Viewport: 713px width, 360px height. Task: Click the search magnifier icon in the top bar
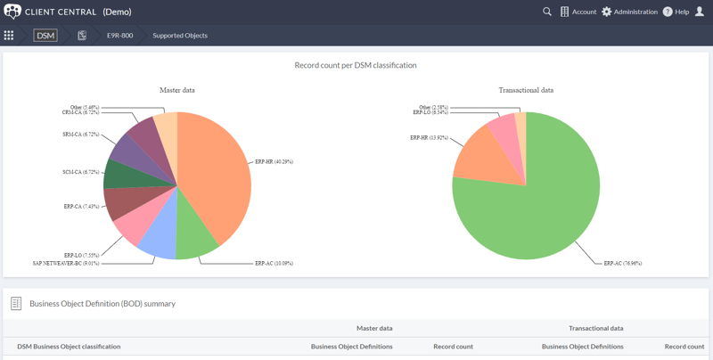pos(547,12)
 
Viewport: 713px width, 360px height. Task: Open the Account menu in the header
pos(578,12)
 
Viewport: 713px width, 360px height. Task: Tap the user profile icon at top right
pos(700,12)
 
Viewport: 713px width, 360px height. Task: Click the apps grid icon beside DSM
pos(9,36)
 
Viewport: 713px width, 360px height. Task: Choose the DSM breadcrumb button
pos(45,36)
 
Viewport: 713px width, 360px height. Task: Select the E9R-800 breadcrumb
pos(119,36)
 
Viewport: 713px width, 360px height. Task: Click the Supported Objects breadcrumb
pos(180,36)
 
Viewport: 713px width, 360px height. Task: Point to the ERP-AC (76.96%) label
pos(622,263)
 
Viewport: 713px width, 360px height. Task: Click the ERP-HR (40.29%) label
pos(274,162)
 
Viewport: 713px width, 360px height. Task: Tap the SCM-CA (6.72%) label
pos(81,172)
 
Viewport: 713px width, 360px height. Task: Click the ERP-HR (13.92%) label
pos(429,138)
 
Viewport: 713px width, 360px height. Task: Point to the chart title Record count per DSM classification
pos(356,65)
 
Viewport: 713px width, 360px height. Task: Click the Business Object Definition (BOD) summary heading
pos(102,304)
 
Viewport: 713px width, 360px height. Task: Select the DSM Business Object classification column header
pos(69,347)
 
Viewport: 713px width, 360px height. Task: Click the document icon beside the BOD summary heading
pos(16,304)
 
